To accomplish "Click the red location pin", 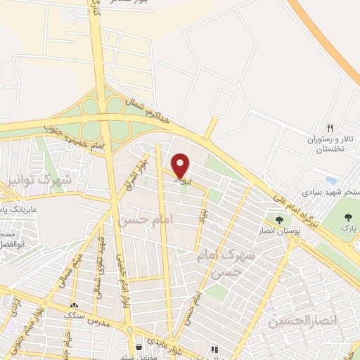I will click(x=181, y=166).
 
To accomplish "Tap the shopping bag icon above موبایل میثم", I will click(x=140, y=345).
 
